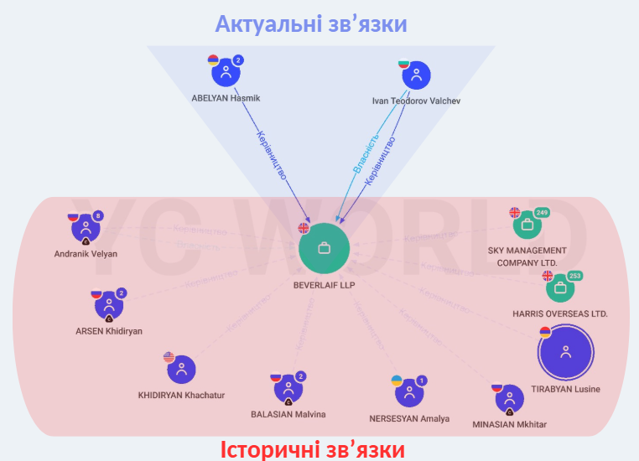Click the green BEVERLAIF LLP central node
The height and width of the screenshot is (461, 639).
click(x=324, y=249)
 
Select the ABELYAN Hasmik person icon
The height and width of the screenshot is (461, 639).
click(x=225, y=74)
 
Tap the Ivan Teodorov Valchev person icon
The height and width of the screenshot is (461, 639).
click(x=416, y=76)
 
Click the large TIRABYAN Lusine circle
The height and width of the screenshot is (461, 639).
click(x=566, y=353)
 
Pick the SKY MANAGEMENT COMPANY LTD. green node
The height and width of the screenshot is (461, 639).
click(x=527, y=225)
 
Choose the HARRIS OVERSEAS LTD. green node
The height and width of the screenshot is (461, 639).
click(x=560, y=289)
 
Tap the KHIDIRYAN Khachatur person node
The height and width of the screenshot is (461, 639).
click(x=181, y=370)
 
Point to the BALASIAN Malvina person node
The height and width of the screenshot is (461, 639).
click(x=288, y=390)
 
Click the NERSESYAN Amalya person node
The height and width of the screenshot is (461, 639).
click(x=409, y=392)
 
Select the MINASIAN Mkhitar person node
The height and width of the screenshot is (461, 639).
click(x=509, y=400)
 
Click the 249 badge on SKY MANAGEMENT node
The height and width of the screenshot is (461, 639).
click(x=541, y=212)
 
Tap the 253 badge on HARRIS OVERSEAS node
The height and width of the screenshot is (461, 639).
click(x=574, y=276)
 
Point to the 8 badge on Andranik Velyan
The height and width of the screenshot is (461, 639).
click(x=98, y=216)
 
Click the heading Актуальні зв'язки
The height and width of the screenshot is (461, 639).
click(x=311, y=23)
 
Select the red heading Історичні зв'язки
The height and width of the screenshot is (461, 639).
click(x=313, y=450)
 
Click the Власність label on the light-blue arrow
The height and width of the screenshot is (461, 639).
click(x=366, y=153)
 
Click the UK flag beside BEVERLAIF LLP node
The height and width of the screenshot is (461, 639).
click(x=304, y=228)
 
